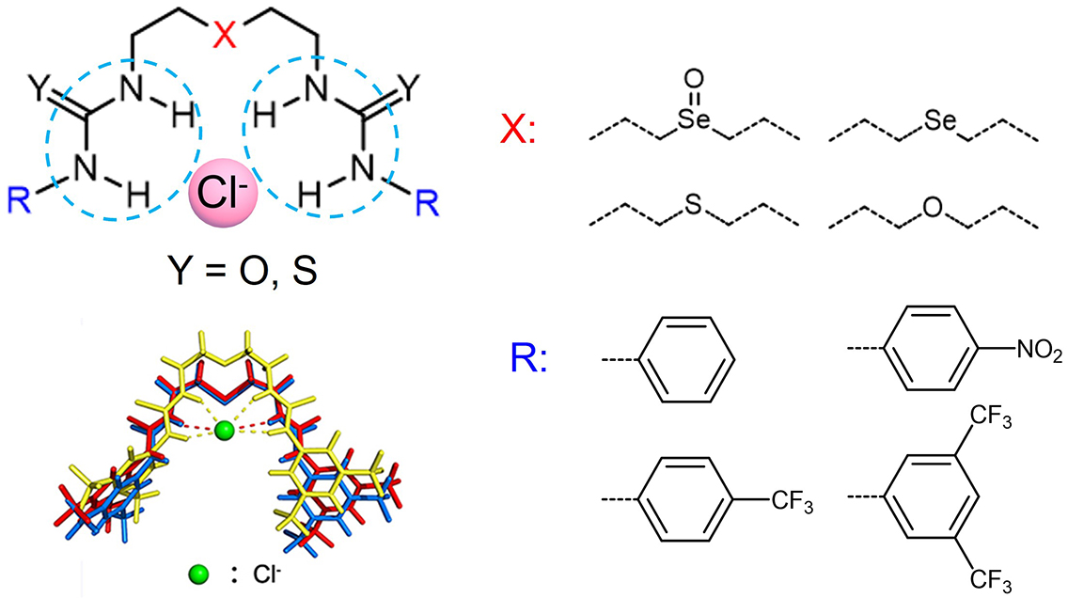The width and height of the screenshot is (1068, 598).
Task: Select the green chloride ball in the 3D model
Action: tap(224, 430)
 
